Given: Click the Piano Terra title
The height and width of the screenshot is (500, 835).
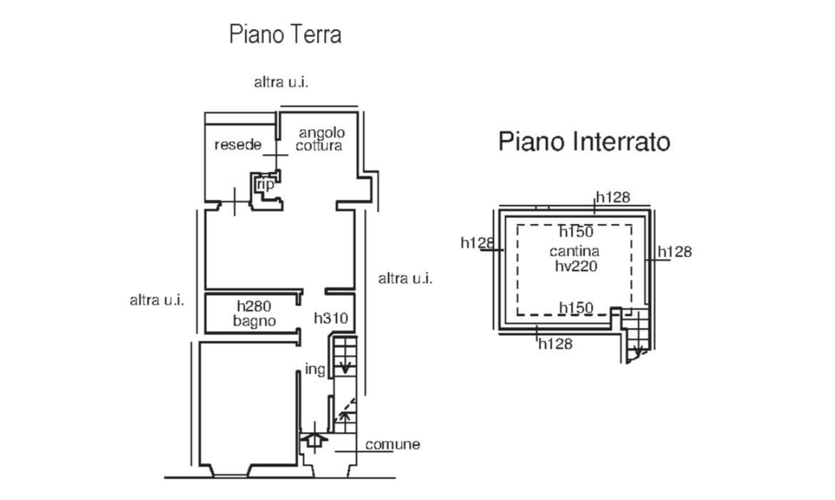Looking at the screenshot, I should coord(285,34).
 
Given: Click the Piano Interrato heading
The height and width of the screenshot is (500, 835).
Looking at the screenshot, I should coord(584,141).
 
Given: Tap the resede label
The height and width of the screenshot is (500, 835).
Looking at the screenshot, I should coord(238,146).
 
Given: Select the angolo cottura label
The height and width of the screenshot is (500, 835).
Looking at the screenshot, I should coord(321,139).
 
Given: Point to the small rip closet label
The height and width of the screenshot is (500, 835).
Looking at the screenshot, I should coord(266,185).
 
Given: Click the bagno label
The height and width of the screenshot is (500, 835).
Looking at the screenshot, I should coord(254,321).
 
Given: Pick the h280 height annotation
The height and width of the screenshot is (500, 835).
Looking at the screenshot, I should coord(254,307).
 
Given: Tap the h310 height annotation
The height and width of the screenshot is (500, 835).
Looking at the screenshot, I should coord(331,318).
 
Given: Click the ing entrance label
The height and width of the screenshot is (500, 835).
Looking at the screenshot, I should coord(315,369).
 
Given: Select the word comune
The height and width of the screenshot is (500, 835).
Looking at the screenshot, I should coord(393,444).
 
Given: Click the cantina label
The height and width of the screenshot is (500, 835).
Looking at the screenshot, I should coord(575,251).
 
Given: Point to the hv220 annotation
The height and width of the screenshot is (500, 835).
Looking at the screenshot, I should coord(575,266).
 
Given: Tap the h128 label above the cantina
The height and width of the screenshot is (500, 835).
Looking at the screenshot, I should coord(613,198).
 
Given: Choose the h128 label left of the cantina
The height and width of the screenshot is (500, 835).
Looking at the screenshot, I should coord(477,243).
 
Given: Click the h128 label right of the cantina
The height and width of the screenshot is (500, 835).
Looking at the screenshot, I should coord(674,252).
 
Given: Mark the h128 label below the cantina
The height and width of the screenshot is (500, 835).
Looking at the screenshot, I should coord(555,344).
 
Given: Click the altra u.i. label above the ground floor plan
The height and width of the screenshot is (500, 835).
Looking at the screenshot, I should coord(281,82).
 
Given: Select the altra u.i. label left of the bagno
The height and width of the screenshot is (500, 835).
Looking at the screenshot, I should coord(156,300).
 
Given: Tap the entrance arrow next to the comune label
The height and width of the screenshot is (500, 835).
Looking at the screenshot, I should coord(313,441).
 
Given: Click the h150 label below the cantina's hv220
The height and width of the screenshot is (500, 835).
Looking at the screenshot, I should coord(576,308).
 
